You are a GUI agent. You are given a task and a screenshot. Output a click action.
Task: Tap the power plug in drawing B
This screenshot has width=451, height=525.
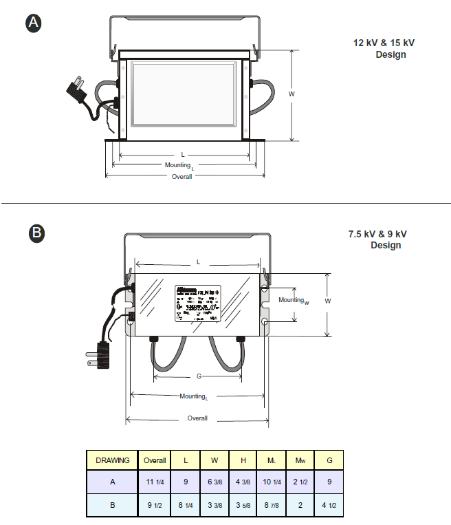click(x=97, y=354)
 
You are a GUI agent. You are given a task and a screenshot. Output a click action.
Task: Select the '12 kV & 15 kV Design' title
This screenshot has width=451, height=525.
click(x=384, y=48)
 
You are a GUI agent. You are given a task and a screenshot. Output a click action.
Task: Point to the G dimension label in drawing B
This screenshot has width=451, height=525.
click(x=199, y=377)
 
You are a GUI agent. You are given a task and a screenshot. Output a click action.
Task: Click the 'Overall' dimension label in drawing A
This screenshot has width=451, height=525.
click(x=182, y=176)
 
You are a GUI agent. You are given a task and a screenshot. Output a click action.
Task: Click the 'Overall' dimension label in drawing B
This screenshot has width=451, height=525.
click(x=197, y=418)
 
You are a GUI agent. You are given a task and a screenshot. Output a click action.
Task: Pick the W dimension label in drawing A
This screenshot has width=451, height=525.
click(x=291, y=94)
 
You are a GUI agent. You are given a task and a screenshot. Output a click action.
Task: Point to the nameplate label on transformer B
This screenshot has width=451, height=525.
click(x=197, y=303)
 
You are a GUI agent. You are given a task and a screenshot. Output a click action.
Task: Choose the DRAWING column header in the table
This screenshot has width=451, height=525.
click(x=112, y=460)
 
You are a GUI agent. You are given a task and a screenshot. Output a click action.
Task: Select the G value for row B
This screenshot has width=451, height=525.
click(x=329, y=505)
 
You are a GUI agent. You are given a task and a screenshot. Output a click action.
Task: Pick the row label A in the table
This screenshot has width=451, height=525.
click(x=112, y=482)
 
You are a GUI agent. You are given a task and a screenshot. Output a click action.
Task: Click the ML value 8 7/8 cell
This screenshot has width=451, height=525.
click(x=271, y=505)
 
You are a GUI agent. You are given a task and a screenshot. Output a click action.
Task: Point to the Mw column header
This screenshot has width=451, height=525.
click(x=300, y=460)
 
